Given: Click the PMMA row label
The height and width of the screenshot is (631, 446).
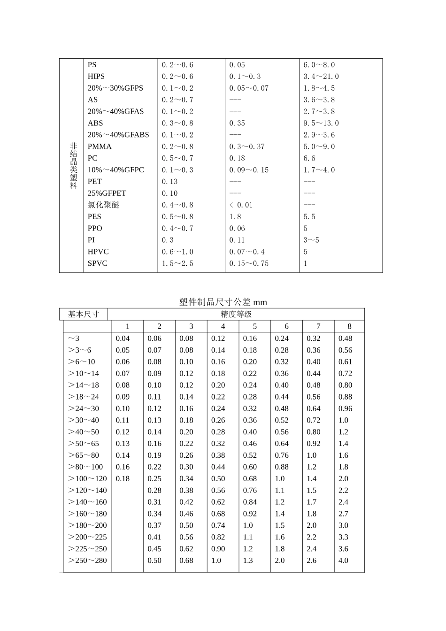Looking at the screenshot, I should pos(100,146).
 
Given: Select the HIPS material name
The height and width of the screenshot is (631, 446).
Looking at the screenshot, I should pos(96,77).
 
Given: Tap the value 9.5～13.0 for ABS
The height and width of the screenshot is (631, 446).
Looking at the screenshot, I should pos(321,123).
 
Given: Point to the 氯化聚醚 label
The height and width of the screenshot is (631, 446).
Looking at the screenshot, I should pos(103,205).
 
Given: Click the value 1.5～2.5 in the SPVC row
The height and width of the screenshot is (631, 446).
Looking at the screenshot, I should pos(177,264).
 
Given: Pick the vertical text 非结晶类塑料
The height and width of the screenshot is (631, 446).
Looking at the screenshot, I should pos(74,165).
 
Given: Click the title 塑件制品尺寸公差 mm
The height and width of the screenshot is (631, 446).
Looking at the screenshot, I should pos(223,302).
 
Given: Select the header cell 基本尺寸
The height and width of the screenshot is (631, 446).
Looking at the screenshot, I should pos(84,315).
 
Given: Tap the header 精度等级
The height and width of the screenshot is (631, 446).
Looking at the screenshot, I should pos(236,315).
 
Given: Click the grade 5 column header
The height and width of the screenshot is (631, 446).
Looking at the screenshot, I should pos(255,327).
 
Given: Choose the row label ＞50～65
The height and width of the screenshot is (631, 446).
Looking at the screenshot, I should pos(84,444).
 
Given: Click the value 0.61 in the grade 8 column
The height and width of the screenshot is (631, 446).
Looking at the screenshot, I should pos(345,362).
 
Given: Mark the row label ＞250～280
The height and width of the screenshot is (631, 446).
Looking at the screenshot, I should pos(87,561).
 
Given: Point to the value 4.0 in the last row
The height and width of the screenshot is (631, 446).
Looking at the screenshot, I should pos(344,561).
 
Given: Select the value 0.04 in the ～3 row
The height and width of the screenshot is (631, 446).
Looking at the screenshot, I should pos(123,339).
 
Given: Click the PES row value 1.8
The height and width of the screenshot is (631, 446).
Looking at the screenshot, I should pos(235,217).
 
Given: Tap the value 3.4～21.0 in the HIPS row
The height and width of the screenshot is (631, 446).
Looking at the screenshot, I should pos(321,77).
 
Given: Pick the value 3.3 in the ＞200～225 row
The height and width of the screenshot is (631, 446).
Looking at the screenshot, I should pos(344,537).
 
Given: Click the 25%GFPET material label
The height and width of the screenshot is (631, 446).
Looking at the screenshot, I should pos(107,193).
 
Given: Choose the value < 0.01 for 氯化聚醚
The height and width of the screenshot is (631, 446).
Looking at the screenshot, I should pos(241,205).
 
